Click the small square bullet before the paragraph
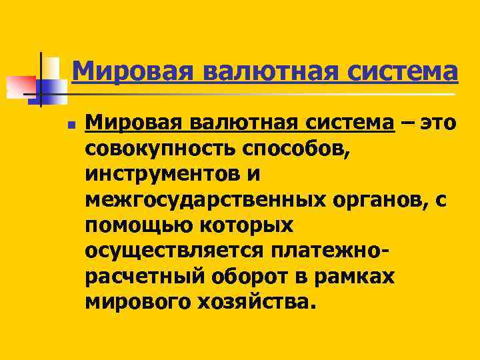(71, 125)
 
